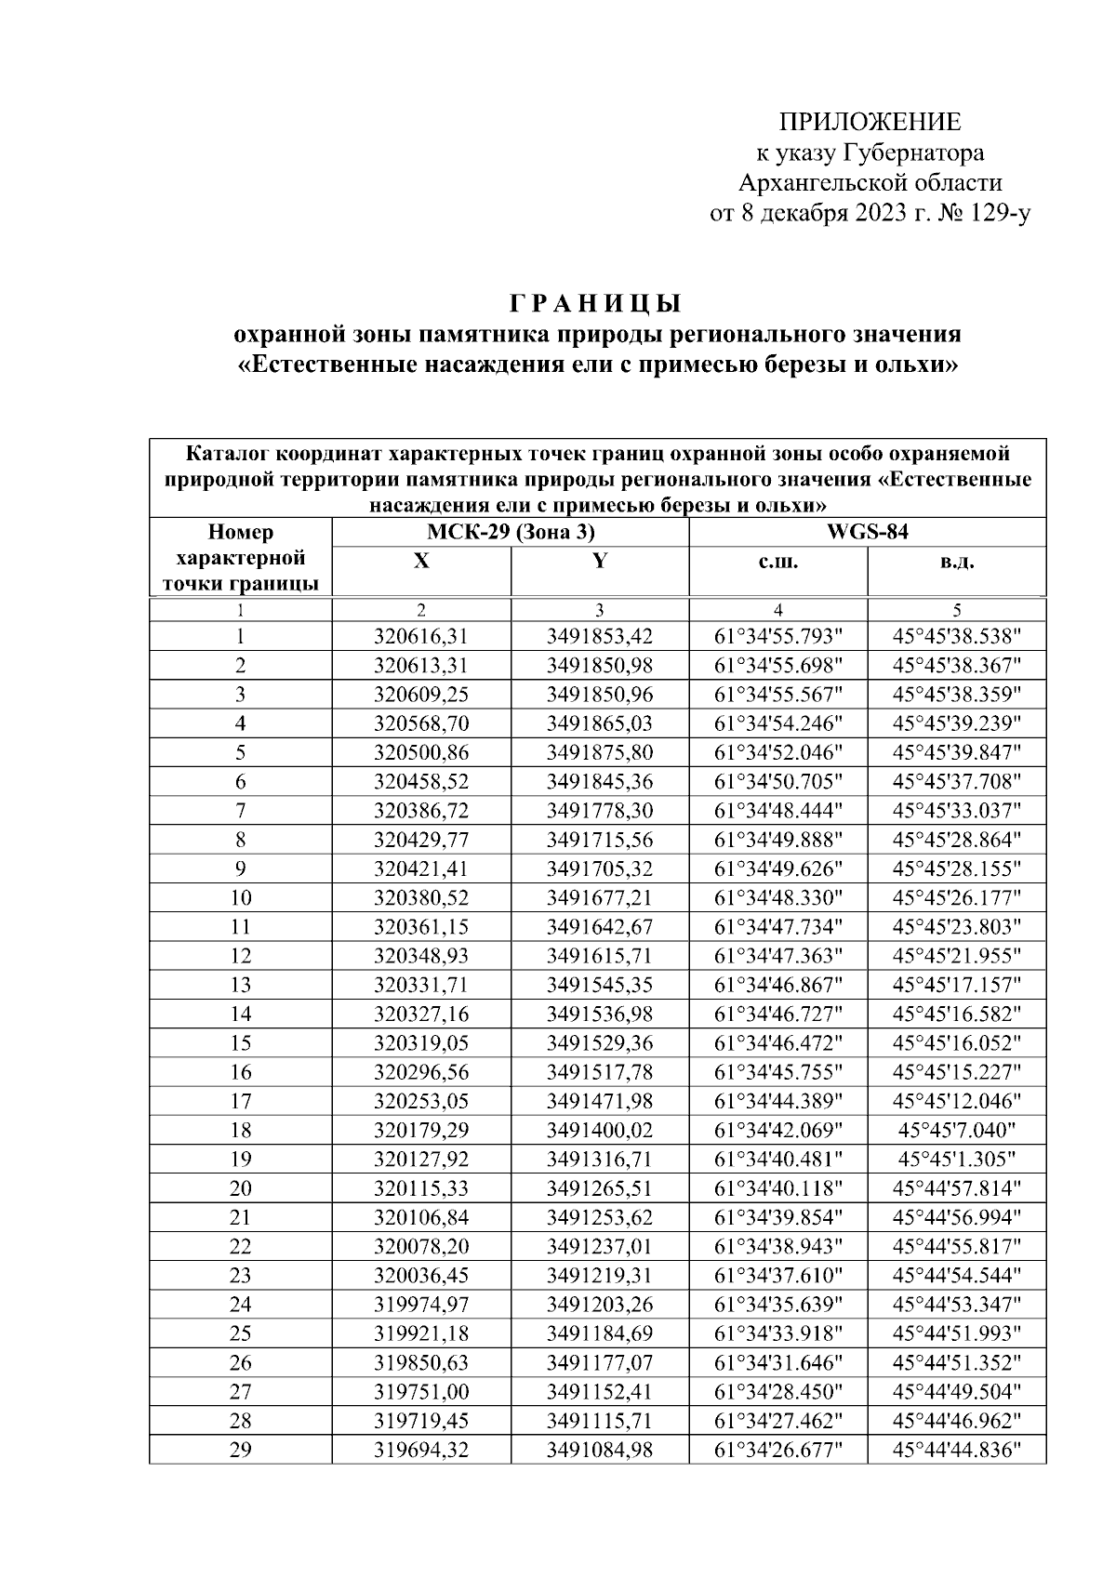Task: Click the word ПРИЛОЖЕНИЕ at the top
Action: pyautogui.click(x=870, y=123)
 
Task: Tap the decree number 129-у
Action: pyautogui.click(x=997, y=215)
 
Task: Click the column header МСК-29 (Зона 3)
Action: pyautogui.click(x=511, y=533)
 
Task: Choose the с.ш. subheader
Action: pyautogui.click(x=777, y=562)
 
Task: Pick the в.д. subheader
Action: pyautogui.click(x=956, y=562)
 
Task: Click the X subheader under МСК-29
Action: pyautogui.click(x=421, y=562)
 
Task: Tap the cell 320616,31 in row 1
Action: pyautogui.click(x=421, y=637)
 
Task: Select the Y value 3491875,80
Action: pyautogui.click(x=600, y=753)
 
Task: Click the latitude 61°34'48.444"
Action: pyautogui.click(x=777, y=811)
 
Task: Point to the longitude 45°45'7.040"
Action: pyautogui.click(x=956, y=1131)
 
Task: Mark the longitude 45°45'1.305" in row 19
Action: pyautogui.click(x=956, y=1160)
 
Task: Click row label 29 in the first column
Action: pyautogui.click(x=240, y=1450)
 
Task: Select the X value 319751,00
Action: pyautogui.click(x=421, y=1392)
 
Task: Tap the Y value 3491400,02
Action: pyautogui.click(x=600, y=1131)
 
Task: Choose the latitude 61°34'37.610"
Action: pyautogui.click(x=777, y=1276)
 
